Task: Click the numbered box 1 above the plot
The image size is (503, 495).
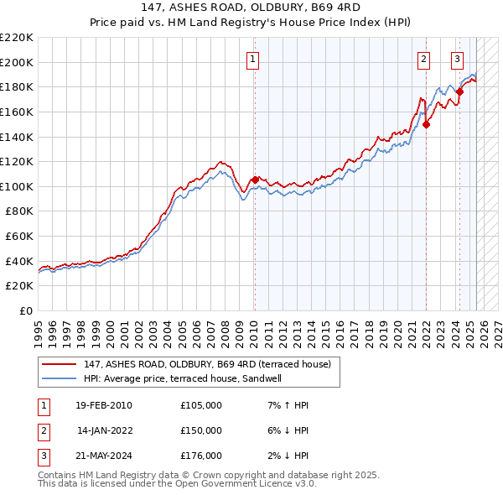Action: coord(252,59)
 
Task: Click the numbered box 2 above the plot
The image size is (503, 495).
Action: coord(424,59)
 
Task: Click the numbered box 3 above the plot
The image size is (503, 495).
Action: coord(457,59)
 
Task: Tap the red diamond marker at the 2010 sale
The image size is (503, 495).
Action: coord(255,180)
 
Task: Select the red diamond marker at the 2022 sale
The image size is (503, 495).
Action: coord(426,124)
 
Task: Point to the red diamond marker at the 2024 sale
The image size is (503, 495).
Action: coord(459,91)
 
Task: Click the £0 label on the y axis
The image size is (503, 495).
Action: coord(26,310)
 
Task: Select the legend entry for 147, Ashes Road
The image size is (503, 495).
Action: coord(207,364)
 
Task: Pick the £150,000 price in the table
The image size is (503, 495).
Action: coord(201,430)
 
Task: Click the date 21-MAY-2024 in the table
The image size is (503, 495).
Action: coord(103,456)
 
